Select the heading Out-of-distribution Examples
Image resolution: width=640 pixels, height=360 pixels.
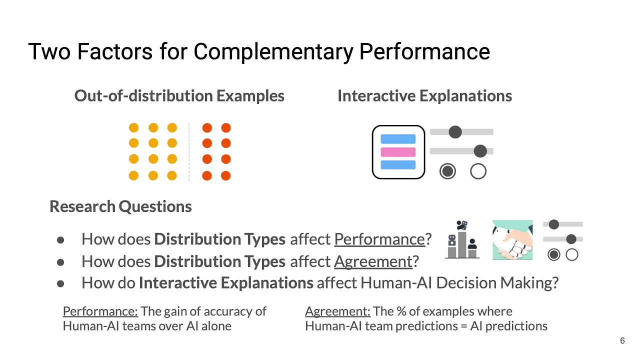click(x=179, y=95)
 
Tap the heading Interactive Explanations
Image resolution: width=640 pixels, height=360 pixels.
click(x=424, y=95)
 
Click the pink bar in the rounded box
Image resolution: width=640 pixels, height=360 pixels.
click(x=398, y=152)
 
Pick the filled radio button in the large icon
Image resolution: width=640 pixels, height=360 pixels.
click(x=447, y=171)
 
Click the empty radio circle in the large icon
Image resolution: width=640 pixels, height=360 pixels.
click(x=478, y=171)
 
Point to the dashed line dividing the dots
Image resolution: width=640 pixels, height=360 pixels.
click(x=189, y=151)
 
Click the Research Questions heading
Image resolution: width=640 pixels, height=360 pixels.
click(x=120, y=206)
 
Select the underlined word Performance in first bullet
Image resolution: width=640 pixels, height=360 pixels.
click(x=379, y=239)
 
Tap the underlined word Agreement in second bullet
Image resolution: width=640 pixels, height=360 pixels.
click(x=373, y=261)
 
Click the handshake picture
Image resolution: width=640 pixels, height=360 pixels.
click(x=512, y=240)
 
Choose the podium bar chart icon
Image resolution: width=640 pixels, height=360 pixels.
click(x=462, y=240)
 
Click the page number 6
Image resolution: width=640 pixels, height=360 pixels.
click(x=622, y=341)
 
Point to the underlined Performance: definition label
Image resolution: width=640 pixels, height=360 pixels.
click(x=100, y=311)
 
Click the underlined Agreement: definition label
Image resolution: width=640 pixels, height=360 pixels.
click(x=337, y=311)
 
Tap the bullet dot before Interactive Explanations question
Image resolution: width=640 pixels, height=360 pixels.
click(x=61, y=283)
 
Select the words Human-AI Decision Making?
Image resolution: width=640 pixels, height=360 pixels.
click(x=459, y=283)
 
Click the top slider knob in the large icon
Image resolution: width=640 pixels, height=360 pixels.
click(x=455, y=132)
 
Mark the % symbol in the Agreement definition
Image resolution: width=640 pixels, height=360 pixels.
click(x=401, y=311)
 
